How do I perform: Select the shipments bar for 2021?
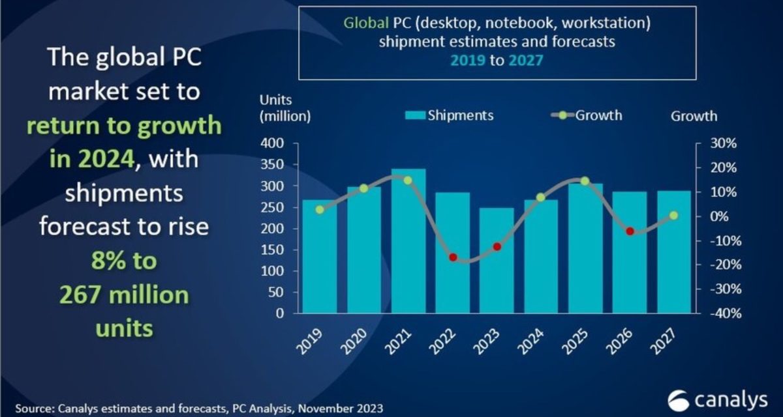pos(408,241)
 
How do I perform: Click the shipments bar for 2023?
pos(497,261)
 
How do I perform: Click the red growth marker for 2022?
pos(453,257)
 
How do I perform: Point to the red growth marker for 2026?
pos(630,231)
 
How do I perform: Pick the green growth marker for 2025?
pos(585,181)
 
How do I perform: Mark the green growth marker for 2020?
pos(364,188)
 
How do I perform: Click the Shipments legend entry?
pos(450,115)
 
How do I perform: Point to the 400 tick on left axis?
pos(272,143)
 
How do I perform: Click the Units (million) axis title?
pos(285,108)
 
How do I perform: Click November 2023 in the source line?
pos(339,409)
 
